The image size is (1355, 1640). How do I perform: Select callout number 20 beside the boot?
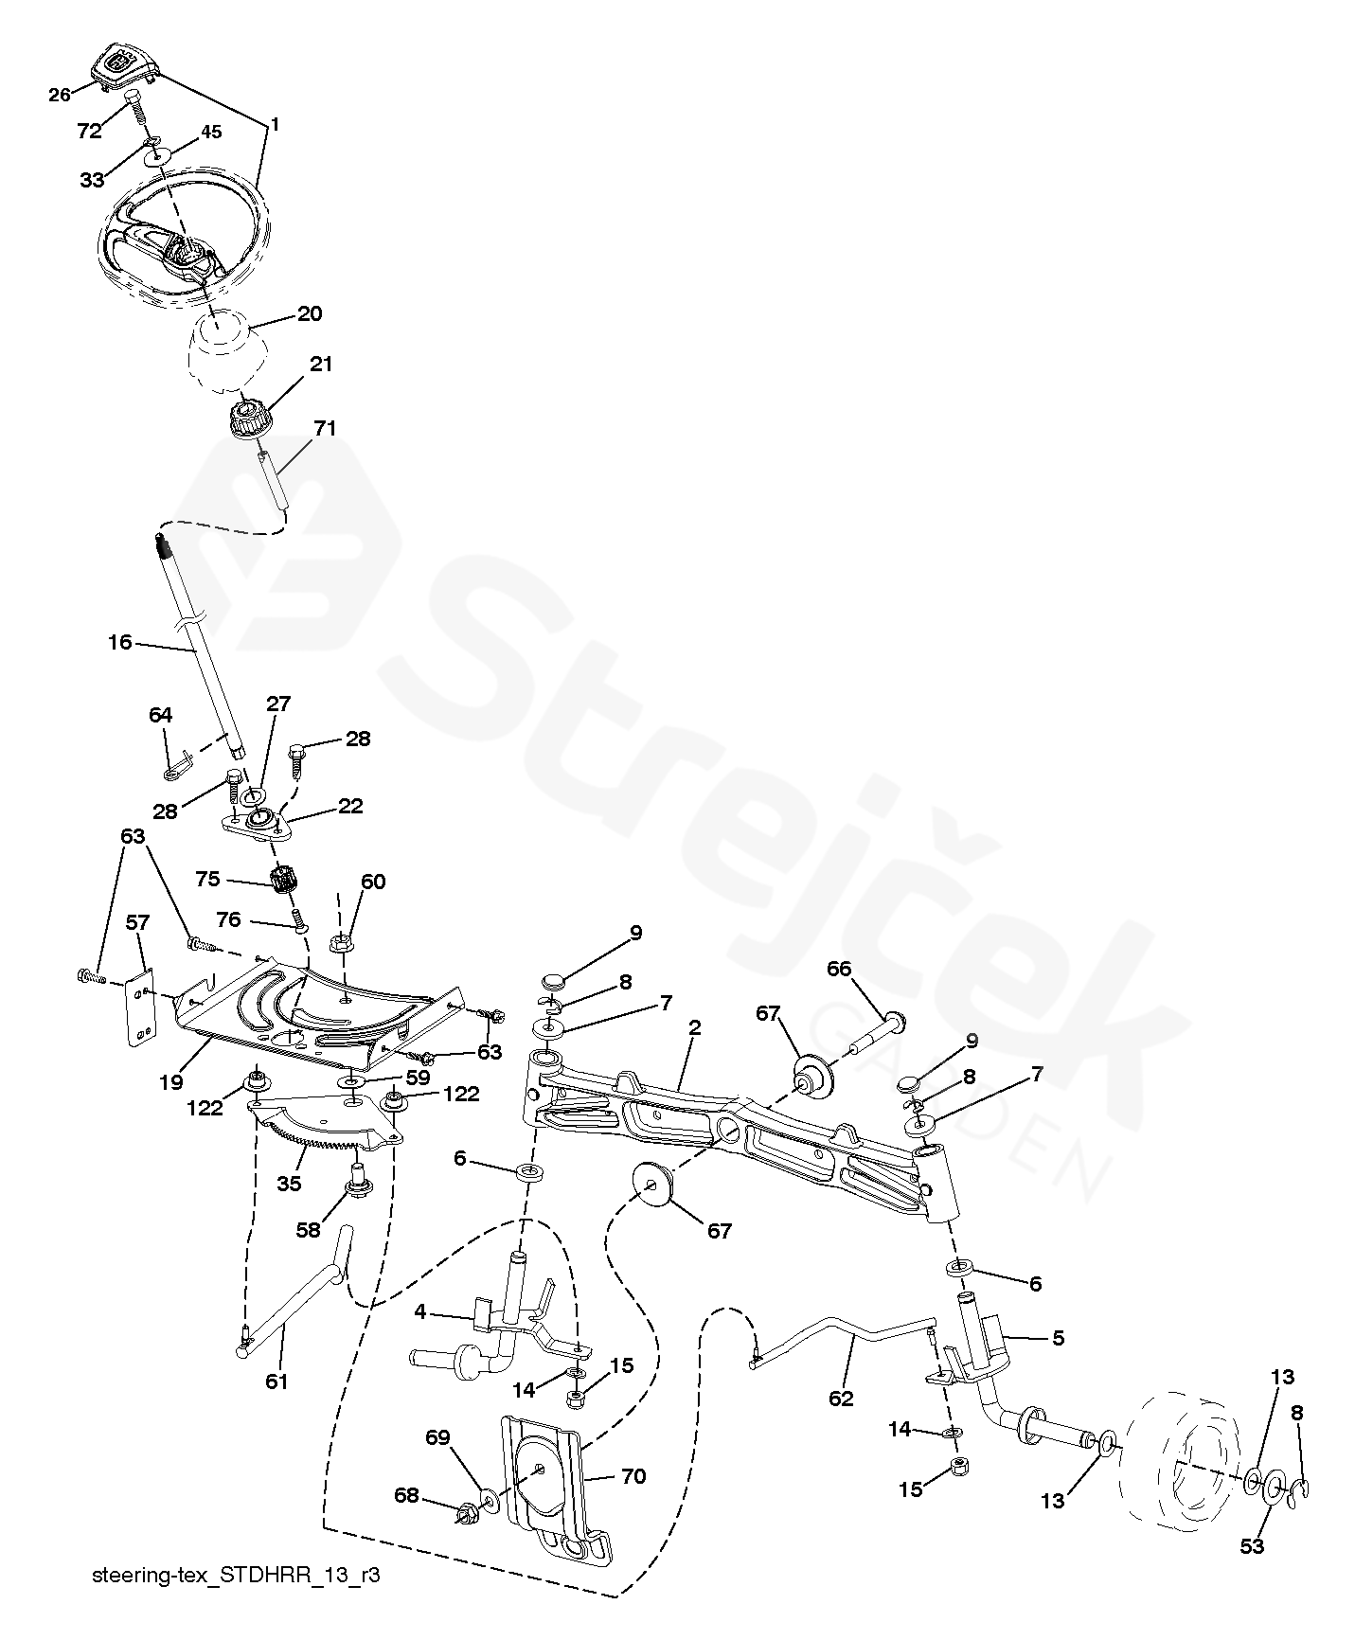(x=310, y=313)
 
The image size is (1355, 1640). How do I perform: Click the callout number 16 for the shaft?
(x=120, y=642)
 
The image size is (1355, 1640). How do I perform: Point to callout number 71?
(x=324, y=429)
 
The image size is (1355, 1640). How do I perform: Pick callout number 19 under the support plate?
(x=171, y=1081)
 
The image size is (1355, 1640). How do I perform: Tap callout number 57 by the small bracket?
(x=138, y=920)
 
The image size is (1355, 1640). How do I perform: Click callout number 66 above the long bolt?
(x=839, y=969)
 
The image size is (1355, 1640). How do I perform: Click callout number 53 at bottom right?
(x=1252, y=1546)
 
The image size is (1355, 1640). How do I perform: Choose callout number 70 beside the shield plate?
(x=633, y=1476)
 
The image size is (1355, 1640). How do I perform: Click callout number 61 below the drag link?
(x=276, y=1382)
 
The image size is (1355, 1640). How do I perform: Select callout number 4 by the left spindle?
(x=420, y=1312)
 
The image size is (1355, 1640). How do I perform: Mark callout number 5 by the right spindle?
(x=1058, y=1338)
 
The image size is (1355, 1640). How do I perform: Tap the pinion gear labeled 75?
(x=281, y=881)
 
